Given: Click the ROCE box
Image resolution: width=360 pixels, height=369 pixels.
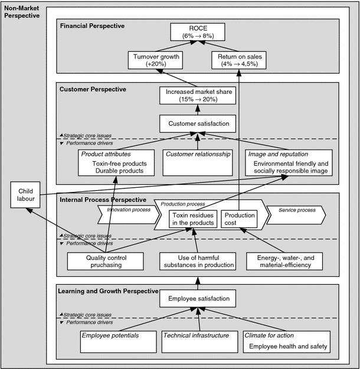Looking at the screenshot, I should (x=198, y=32).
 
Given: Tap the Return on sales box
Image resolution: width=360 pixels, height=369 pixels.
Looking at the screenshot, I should (x=239, y=60).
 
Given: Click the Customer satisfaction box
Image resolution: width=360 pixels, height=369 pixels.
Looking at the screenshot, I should (x=198, y=123).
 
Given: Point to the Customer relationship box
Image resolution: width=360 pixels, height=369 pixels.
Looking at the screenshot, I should (x=198, y=162).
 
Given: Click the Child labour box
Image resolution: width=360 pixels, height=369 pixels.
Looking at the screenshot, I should (x=26, y=195).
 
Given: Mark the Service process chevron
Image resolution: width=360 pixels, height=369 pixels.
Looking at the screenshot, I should (x=294, y=210).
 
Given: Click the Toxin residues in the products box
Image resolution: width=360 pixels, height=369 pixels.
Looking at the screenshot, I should (x=194, y=219).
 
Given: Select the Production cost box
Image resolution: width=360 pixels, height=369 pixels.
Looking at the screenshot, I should (x=240, y=219).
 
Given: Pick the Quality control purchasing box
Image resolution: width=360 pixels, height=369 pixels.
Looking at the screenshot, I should (x=106, y=262).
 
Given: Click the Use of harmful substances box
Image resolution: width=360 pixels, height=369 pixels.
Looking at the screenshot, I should (x=198, y=262).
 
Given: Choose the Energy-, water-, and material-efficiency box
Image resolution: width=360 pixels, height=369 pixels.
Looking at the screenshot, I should (x=285, y=262).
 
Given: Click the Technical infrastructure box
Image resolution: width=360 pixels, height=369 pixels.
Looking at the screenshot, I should (x=198, y=341).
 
